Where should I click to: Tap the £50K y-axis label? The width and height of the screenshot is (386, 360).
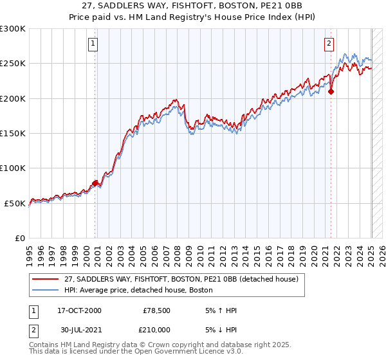15,203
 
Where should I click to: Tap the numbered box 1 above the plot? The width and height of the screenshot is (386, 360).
93,44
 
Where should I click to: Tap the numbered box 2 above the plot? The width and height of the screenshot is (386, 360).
329,44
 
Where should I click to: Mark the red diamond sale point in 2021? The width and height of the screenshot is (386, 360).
331,91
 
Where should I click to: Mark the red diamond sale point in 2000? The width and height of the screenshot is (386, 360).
95,183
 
